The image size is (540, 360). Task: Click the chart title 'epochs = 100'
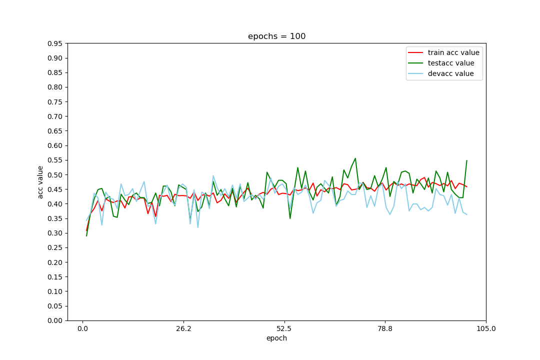tap(276, 36)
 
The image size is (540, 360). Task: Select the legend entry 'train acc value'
tap(453, 52)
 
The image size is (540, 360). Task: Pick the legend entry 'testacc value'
tap(451, 63)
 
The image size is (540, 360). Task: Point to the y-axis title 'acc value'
tap(40, 182)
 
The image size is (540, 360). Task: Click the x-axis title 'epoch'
tap(276, 338)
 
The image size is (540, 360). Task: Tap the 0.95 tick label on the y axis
tap(54, 43)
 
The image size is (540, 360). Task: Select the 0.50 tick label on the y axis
tap(54, 175)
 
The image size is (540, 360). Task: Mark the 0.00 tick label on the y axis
tap(54, 320)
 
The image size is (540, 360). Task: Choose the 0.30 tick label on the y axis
tap(54, 233)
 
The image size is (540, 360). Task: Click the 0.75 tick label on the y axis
tap(54, 102)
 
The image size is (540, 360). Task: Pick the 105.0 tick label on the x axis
tap(486, 328)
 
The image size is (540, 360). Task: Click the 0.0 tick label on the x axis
tap(82, 328)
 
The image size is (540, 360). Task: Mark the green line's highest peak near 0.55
tap(355, 158)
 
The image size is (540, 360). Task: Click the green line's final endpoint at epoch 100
tap(466, 160)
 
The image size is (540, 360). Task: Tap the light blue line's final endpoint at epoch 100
tap(466, 214)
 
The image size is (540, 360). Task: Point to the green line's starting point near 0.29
tap(86, 235)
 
